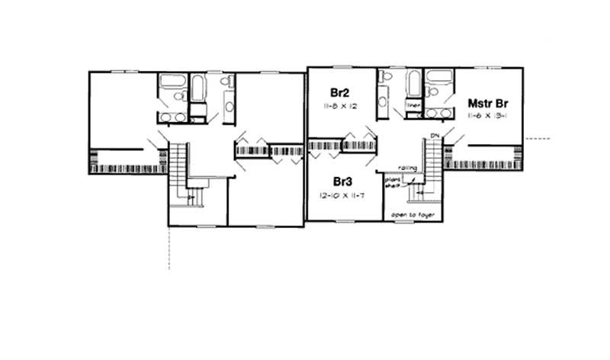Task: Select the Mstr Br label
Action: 489,101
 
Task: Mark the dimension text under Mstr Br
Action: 489,115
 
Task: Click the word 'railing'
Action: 406,168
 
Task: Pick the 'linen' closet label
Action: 414,105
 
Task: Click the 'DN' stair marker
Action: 435,135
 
